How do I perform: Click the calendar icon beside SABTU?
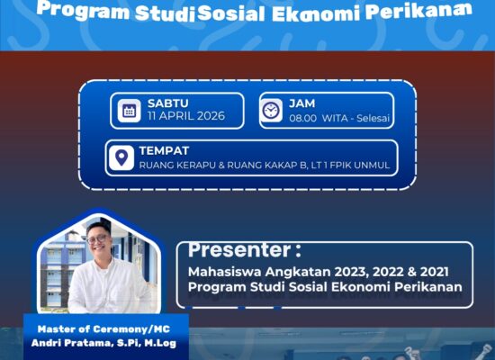(129, 111)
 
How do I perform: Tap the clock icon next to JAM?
(271, 111)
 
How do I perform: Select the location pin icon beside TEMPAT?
(121, 157)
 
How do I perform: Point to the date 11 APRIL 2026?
(186, 116)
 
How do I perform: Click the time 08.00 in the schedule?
(302, 119)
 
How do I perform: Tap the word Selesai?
(373, 118)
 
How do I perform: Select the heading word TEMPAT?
(164, 150)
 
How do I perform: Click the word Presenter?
(239, 250)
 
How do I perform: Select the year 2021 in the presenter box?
(434, 272)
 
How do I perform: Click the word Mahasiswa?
(225, 272)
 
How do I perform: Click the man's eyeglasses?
(98, 239)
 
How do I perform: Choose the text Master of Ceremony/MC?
(103, 329)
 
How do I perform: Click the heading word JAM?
(301, 103)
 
